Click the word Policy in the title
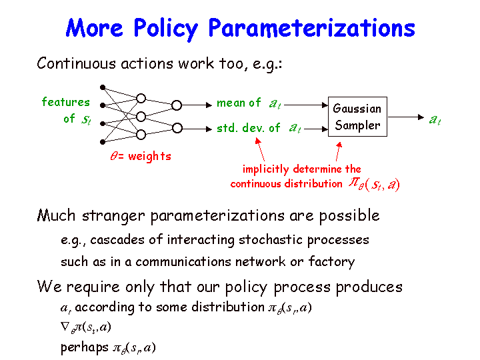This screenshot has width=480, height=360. pyautogui.click(x=165, y=29)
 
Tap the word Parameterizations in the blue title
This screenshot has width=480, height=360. pyautogui.click(x=311, y=28)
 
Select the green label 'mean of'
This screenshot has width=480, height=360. pyautogui.click(x=239, y=103)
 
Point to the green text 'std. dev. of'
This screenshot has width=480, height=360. pyautogui.click(x=248, y=128)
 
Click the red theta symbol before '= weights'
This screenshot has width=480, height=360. pyautogui.click(x=113, y=156)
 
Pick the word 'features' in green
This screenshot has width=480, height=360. pyautogui.click(x=65, y=102)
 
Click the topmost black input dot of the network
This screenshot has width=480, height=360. pyautogui.click(x=103, y=87)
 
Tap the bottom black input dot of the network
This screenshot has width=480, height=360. pyautogui.click(x=103, y=142)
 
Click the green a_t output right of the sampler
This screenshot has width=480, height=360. pyautogui.click(x=435, y=119)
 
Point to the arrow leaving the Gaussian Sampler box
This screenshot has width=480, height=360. pyautogui.click(x=405, y=117)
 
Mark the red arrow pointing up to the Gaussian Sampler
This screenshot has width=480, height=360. pyautogui.click(x=338, y=151)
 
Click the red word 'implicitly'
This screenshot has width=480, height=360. pyautogui.click(x=266, y=169)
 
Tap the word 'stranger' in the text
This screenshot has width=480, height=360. pyautogui.click(x=113, y=216)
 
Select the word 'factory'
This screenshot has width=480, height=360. pyautogui.click(x=331, y=262)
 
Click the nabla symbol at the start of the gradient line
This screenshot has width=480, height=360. pyautogui.click(x=65, y=327)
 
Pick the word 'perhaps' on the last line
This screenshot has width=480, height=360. pyautogui.click(x=85, y=348)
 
